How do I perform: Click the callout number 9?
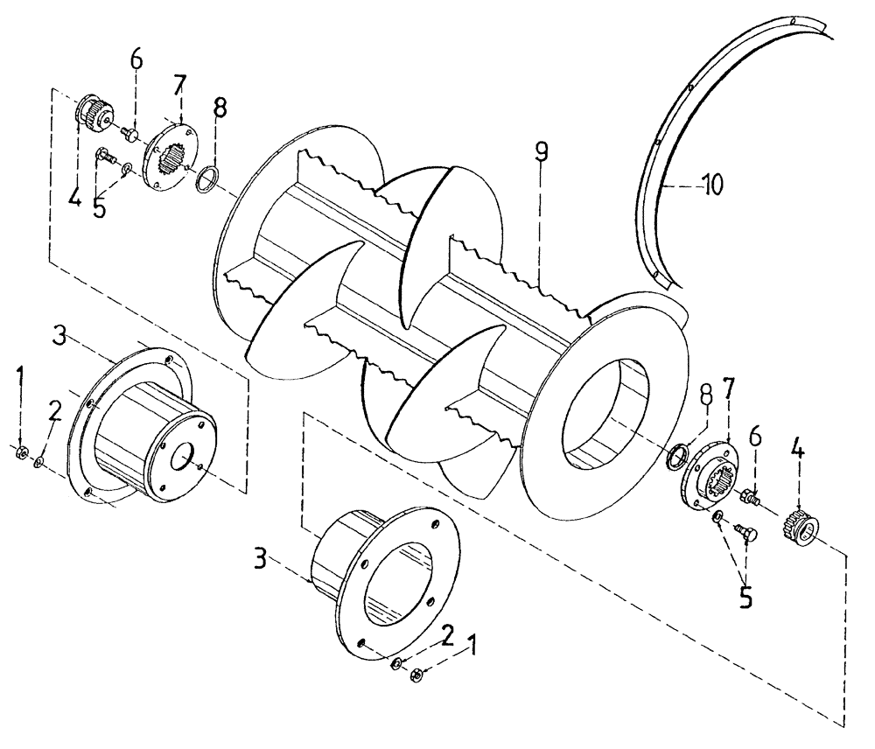coord(542,153)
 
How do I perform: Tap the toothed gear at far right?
coord(798,526)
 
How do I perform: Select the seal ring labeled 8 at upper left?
coord(207,182)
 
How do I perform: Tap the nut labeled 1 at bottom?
coord(417,674)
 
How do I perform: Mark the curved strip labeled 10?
coord(665,157)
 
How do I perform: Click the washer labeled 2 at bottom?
coord(396,663)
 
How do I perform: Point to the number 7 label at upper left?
coord(181,84)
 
